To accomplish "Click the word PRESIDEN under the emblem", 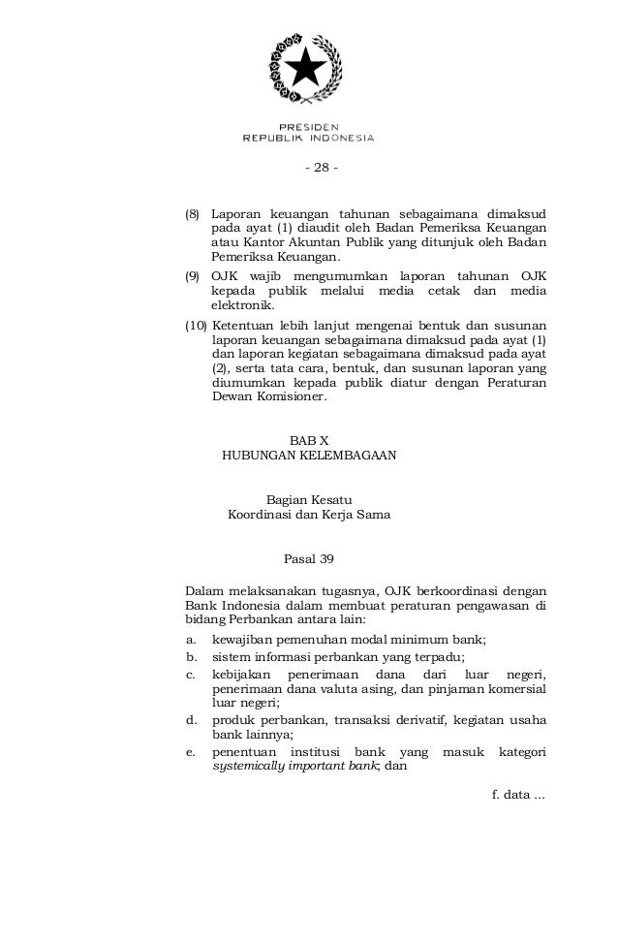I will pos(308,127).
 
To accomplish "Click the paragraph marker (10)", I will pos(196,324).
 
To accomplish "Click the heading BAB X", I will pos(309,440).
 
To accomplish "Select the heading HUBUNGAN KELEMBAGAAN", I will pos(309,455).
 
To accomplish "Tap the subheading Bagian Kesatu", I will pos(309,499).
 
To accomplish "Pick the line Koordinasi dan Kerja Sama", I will pos(309,515).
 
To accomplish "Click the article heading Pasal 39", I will pos(309,559).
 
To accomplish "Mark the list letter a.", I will pos(191,640).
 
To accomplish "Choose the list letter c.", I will pos(191,673).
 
